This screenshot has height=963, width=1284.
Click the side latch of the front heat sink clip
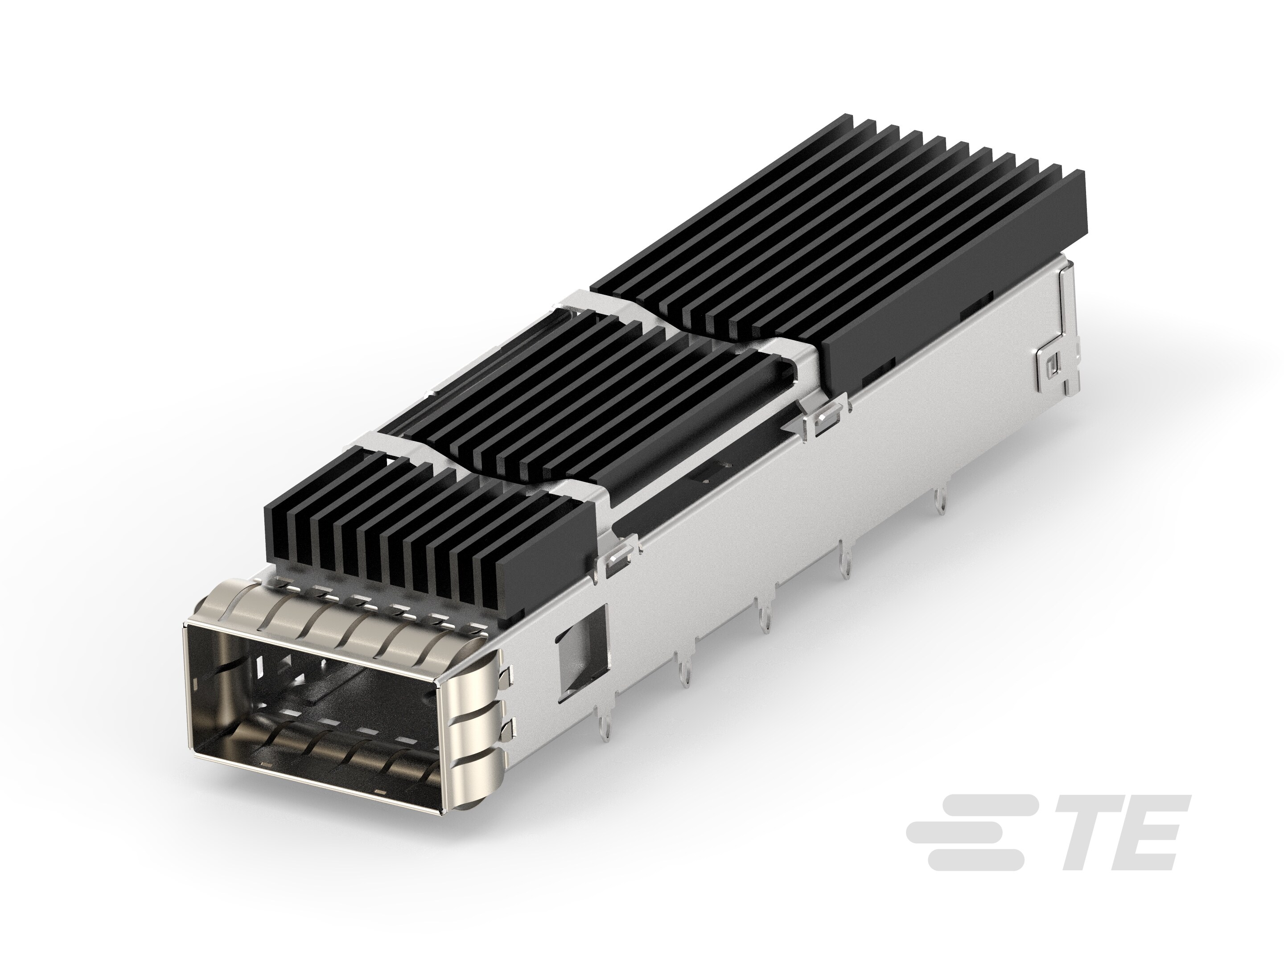(617, 556)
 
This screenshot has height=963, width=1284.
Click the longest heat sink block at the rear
(842, 244)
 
